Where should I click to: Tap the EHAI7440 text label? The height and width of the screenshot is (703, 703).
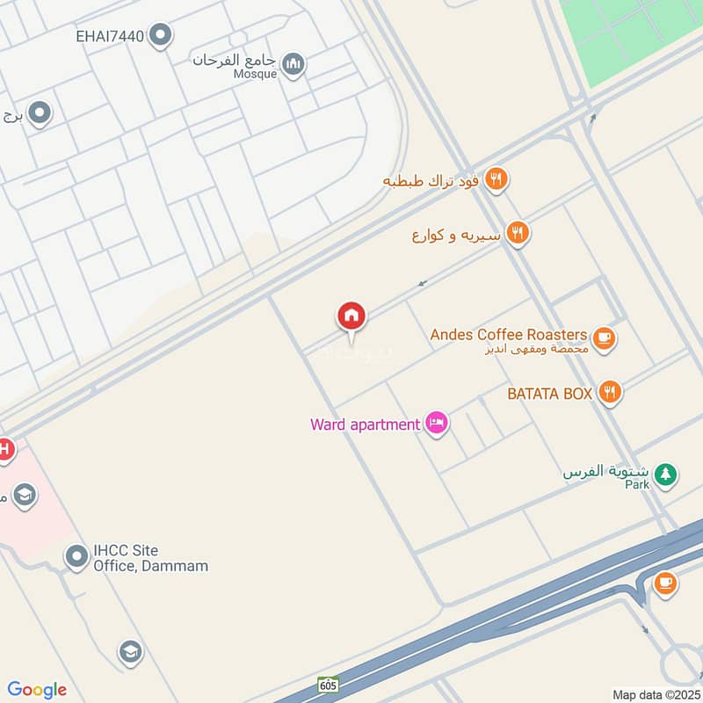coord(110,36)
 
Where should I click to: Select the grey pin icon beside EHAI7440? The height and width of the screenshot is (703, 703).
coord(160,36)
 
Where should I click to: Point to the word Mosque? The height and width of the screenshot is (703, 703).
coord(255,75)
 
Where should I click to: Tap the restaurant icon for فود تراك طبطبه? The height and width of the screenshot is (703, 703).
coord(496,179)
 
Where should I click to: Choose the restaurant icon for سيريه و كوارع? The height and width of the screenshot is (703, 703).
coord(518,234)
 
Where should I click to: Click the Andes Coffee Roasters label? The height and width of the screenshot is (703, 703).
coord(508,335)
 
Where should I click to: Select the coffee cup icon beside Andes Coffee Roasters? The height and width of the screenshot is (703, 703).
coord(603,337)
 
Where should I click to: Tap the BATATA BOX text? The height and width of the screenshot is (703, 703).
coord(549,394)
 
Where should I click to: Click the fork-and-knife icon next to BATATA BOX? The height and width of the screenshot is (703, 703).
coord(610,393)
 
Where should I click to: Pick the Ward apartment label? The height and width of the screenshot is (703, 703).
coord(365,424)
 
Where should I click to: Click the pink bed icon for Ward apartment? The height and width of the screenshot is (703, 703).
coord(437,424)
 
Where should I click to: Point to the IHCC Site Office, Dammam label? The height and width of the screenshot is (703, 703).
coord(150,558)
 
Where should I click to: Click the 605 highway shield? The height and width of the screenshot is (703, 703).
coord(329,683)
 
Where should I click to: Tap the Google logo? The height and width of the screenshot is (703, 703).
coord(37,690)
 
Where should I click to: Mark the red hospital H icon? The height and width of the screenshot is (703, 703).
coord(4,450)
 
